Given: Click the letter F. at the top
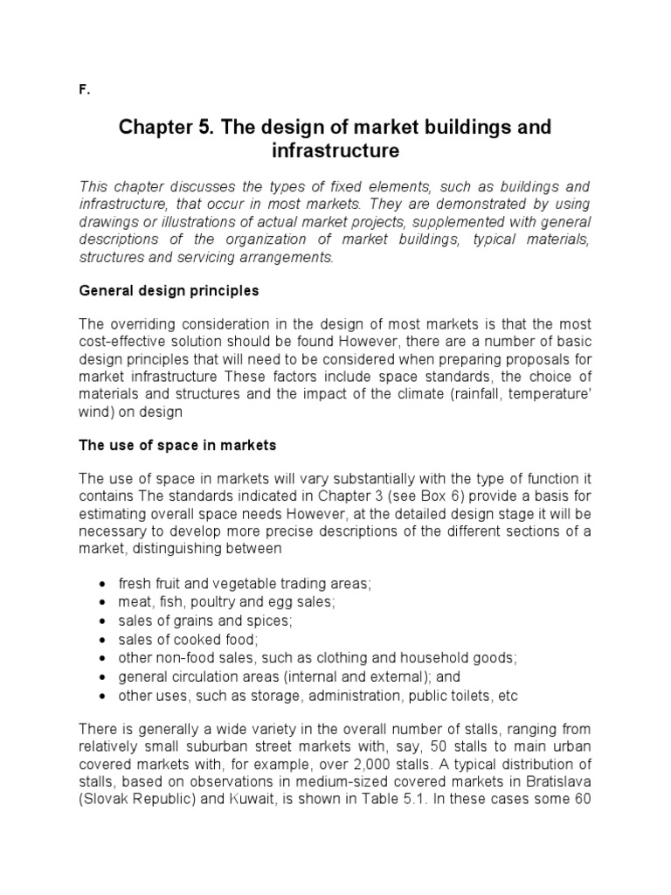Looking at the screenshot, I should [83, 90].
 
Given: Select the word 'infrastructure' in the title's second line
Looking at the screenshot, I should [335, 151].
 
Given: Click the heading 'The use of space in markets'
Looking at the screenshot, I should [177, 445].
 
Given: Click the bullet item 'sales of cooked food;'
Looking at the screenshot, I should [176, 640].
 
